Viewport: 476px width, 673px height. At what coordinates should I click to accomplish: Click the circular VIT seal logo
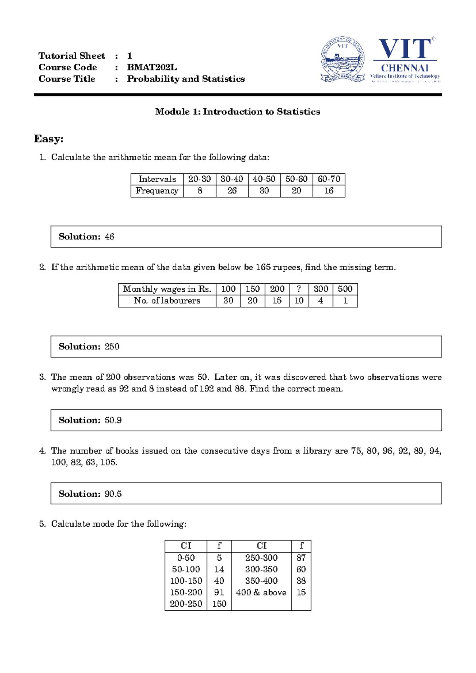[x=343, y=60]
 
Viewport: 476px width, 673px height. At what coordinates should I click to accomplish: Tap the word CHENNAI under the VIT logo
[x=405, y=68]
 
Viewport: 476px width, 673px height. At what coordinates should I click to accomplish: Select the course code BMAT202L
[x=152, y=67]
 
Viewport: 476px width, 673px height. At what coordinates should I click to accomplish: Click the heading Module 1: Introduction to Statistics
[x=238, y=112]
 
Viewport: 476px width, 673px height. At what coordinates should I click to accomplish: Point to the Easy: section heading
[x=49, y=139]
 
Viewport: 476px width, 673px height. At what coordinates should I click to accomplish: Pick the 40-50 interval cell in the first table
[x=264, y=179]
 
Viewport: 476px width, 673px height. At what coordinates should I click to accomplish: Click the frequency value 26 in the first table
[x=232, y=191]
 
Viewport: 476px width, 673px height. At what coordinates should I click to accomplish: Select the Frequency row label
[x=157, y=191]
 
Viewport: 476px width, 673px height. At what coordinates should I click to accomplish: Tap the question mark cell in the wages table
[x=299, y=289]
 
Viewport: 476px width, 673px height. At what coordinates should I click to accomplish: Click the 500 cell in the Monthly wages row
[x=345, y=289]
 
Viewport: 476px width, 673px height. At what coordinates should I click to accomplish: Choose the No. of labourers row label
[x=167, y=301]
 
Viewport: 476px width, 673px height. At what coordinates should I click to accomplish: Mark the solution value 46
[x=109, y=237]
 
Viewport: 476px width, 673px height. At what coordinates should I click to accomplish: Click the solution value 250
[x=112, y=347]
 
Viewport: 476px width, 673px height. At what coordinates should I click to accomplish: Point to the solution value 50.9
[x=113, y=420]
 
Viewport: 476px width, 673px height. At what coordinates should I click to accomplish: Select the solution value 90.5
[x=113, y=494]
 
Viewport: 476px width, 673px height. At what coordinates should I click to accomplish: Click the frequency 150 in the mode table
[x=219, y=604]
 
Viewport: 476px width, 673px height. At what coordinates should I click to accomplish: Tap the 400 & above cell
[x=261, y=592]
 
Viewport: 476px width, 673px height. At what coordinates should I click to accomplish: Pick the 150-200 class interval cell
[x=186, y=592]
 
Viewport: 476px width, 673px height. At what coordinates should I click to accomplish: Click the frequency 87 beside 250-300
[x=301, y=558]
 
